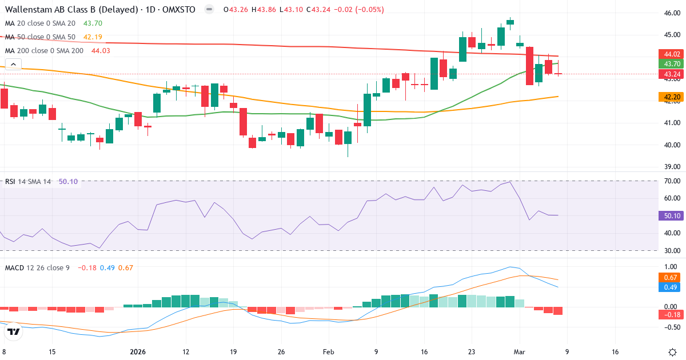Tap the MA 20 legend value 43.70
click(93, 23)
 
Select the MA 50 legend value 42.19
click(93, 37)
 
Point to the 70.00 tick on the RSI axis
click(671, 181)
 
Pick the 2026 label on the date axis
click(138, 351)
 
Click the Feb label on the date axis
click(328, 351)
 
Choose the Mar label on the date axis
click(519, 351)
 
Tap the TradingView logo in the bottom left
click(14, 331)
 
